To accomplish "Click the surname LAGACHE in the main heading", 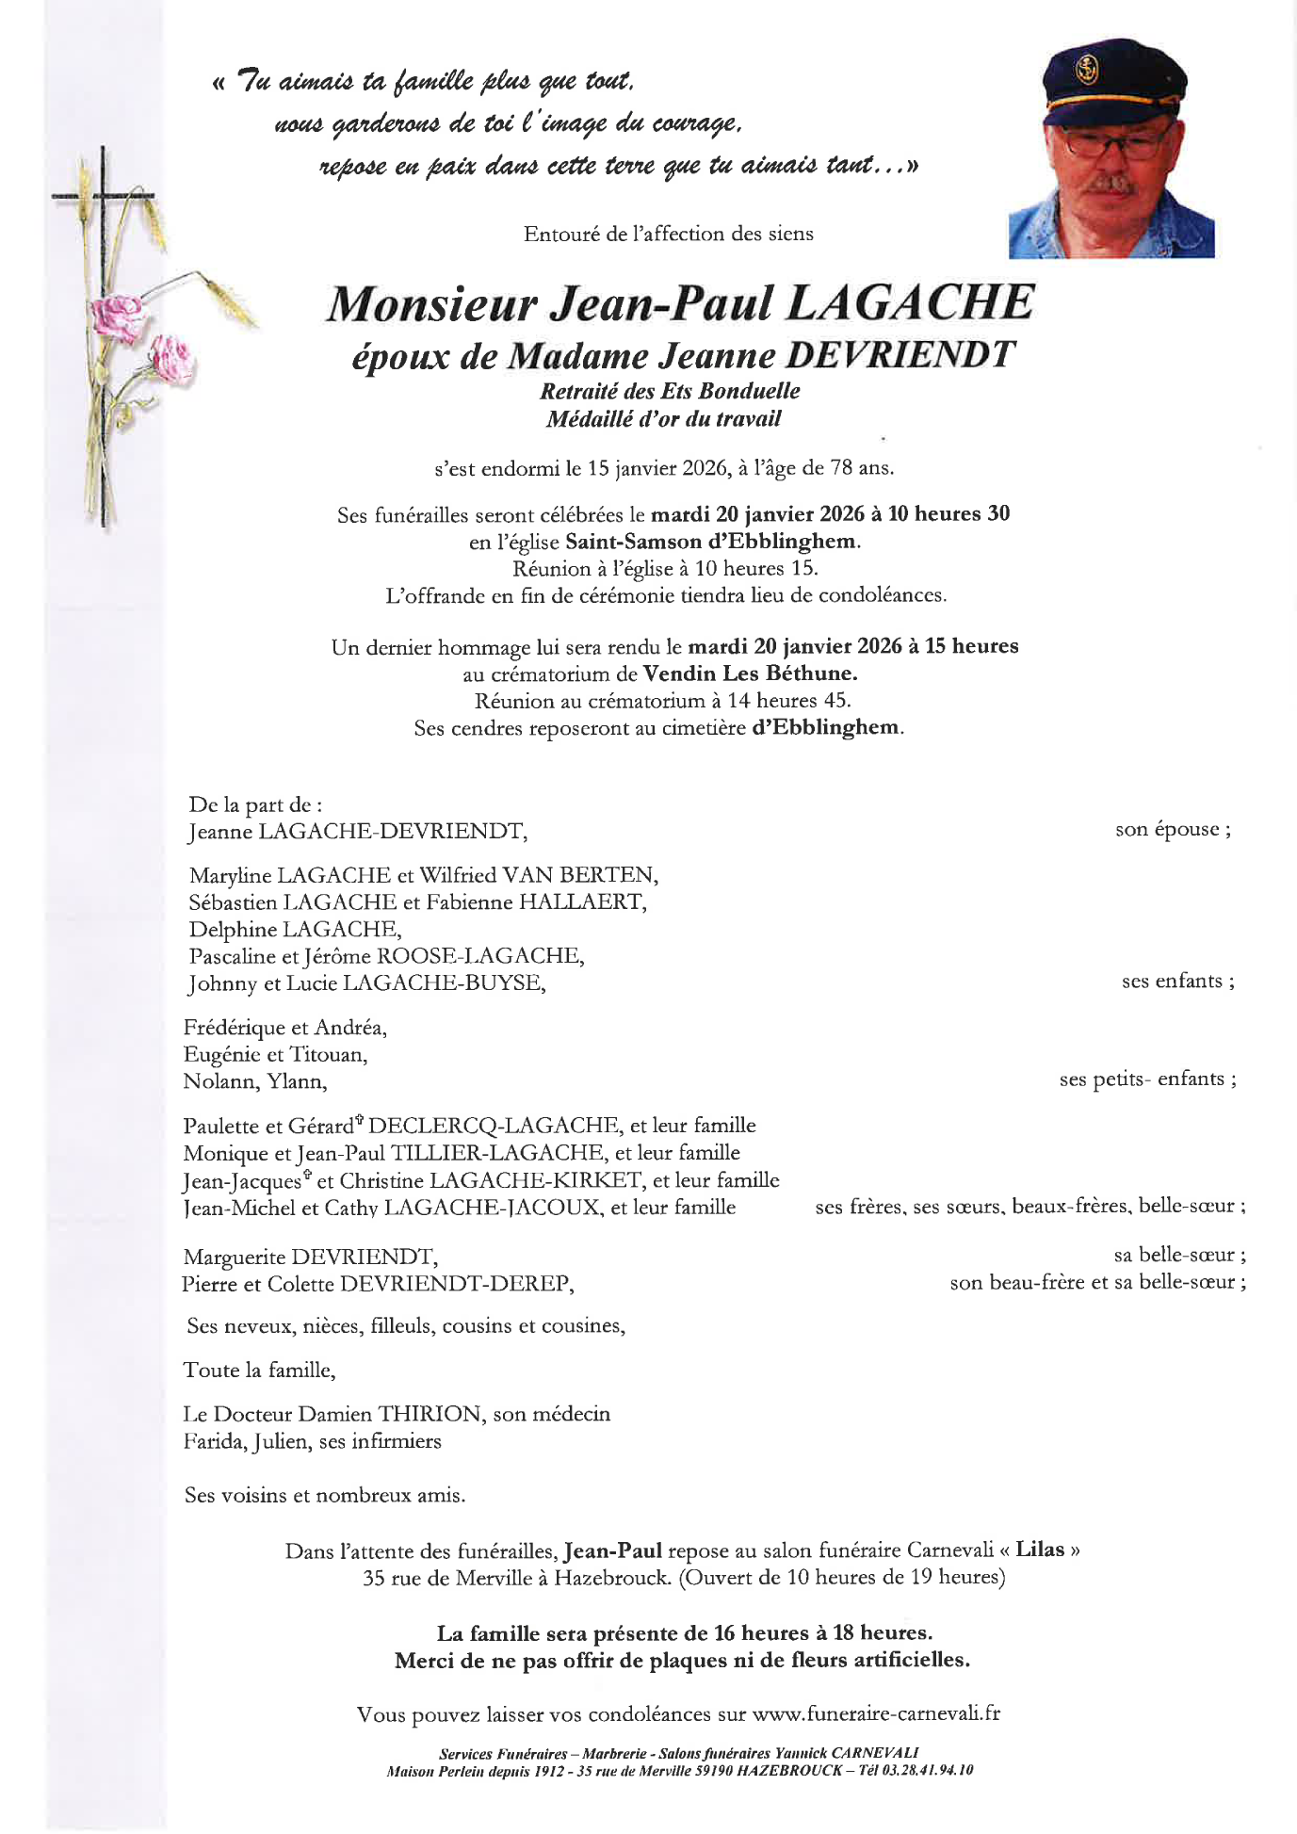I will (909, 303).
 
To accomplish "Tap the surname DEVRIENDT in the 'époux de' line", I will (900, 355).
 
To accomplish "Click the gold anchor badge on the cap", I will (1087, 69).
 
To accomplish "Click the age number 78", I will (841, 467).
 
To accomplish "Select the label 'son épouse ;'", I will (1173, 830).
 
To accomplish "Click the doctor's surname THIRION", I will (429, 1414).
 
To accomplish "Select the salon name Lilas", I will (1040, 1550).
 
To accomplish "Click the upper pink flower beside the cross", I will (118, 316).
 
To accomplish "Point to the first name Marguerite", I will (234, 1257).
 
